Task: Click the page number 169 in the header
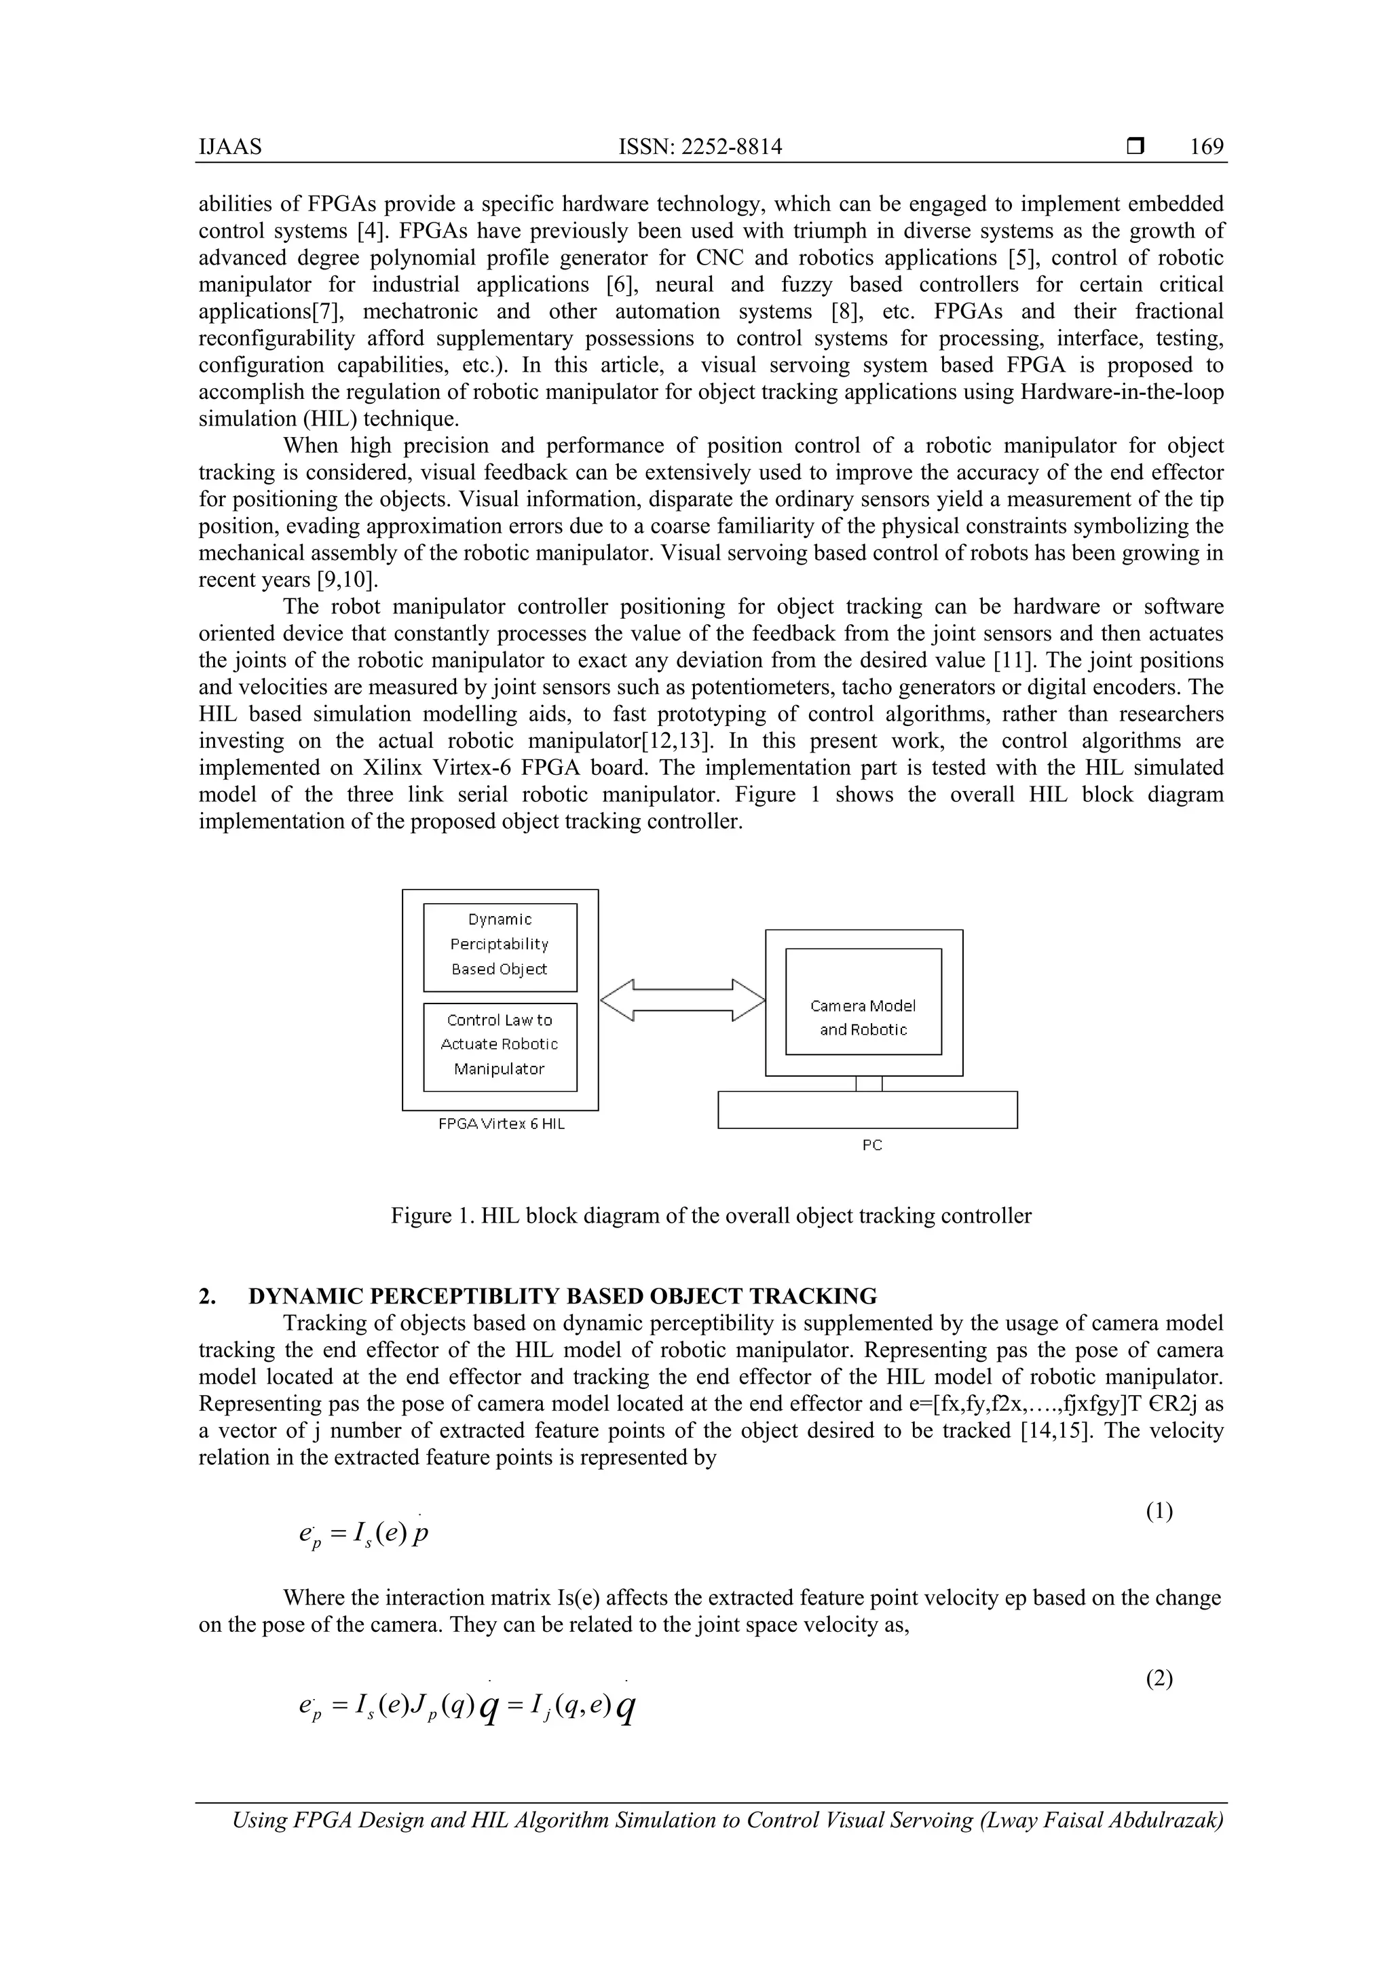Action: (1206, 147)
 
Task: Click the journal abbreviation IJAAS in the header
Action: (230, 147)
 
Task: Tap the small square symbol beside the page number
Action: (1135, 147)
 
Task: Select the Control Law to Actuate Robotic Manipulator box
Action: (500, 1046)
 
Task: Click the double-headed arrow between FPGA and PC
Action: (682, 999)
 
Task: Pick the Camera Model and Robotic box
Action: (863, 1018)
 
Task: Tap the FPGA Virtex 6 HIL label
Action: (502, 1124)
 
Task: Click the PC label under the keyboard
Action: (871, 1145)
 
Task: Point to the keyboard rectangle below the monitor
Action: (867, 1110)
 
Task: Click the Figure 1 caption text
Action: (711, 1216)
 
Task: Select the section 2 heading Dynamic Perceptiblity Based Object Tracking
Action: (563, 1297)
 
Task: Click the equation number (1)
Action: (1159, 1511)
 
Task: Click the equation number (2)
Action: (1159, 1680)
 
